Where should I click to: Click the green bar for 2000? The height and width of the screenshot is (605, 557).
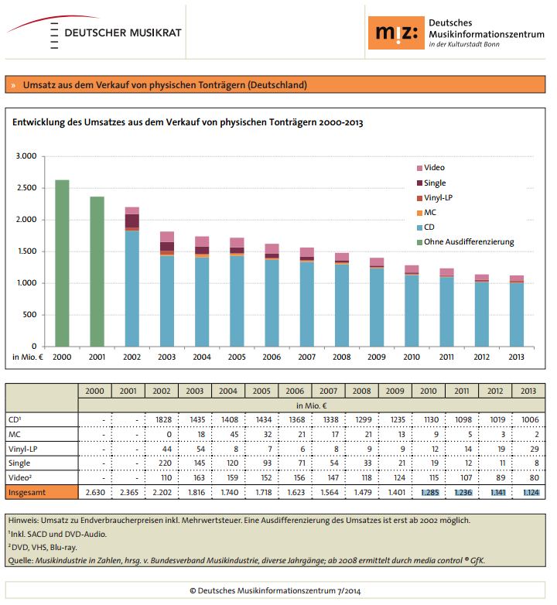62,263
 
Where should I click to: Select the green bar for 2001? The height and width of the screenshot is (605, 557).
97,271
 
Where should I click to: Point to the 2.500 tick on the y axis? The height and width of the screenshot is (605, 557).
26,188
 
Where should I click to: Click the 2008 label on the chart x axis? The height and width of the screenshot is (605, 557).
340,357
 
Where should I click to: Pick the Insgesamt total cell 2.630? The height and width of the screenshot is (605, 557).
95,492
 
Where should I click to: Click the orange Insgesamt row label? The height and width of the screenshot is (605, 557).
42,492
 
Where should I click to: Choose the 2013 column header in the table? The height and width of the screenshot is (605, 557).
528,391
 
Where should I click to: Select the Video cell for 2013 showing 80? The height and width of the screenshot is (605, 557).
528,477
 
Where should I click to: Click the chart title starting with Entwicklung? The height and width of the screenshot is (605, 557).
187,122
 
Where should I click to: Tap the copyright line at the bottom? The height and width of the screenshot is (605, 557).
278,590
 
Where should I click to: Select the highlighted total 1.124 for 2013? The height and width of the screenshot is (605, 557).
528,492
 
